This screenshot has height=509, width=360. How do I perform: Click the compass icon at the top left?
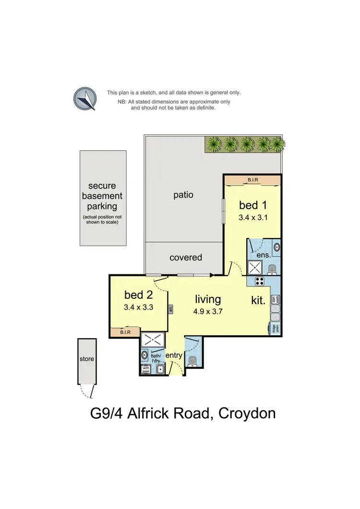(x=84, y=99)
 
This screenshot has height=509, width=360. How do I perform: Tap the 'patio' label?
(x=183, y=195)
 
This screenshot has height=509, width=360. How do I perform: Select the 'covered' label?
(x=186, y=258)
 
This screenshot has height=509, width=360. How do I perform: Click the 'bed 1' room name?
(x=252, y=205)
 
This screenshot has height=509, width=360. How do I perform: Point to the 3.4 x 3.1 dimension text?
(x=252, y=217)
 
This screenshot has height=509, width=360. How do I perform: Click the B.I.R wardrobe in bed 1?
(x=252, y=180)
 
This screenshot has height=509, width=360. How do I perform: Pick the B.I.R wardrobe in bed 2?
(x=125, y=331)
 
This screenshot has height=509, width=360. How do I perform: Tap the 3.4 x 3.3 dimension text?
(x=138, y=308)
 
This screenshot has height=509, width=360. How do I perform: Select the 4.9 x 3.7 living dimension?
(x=208, y=310)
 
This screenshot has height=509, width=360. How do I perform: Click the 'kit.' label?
(x=258, y=301)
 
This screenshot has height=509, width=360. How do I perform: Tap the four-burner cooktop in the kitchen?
(x=260, y=282)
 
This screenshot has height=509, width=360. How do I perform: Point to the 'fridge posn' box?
(x=275, y=329)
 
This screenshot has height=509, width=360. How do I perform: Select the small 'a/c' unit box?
(x=170, y=309)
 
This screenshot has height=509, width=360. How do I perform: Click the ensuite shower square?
(x=253, y=267)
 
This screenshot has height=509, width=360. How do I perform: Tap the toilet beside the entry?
(x=193, y=360)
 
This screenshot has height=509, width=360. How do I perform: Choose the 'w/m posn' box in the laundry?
(x=146, y=369)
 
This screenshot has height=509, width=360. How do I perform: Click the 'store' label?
(x=87, y=358)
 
